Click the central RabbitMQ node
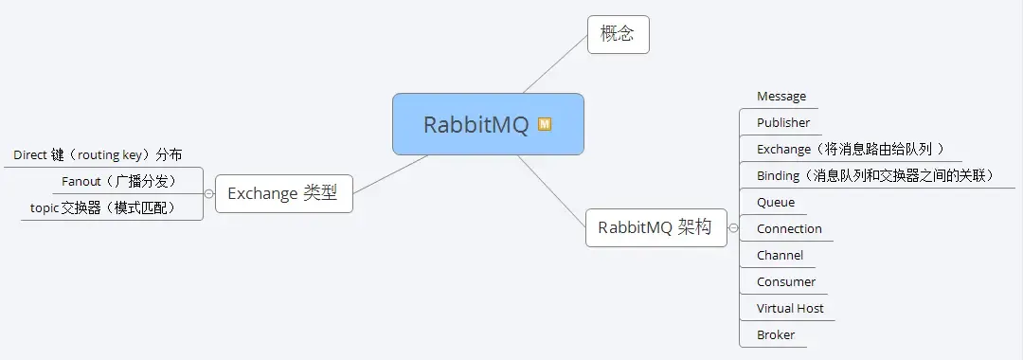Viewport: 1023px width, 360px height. click(476, 124)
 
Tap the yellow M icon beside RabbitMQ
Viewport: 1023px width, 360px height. click(545, 124)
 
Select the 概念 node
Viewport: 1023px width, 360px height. click(618, 35)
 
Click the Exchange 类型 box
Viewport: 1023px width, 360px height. click(283, 193)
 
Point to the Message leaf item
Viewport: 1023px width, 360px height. click(781, 97)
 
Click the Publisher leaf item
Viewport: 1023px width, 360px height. click(783, 122)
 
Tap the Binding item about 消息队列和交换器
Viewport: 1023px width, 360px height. click(873, 175)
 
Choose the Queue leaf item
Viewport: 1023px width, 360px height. click(776, 202)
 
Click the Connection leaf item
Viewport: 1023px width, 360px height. click(789, 228)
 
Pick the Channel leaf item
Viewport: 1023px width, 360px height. click(780, 255)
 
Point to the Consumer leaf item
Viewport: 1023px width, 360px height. click(786, 281)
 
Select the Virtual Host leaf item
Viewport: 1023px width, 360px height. click(790, 308)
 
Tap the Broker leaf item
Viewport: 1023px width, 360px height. click(776, 334)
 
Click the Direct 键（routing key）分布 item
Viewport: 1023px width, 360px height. click(98, 154)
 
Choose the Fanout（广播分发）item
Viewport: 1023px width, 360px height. click(118, 181)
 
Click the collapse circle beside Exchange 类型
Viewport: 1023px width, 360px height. click(208, 193)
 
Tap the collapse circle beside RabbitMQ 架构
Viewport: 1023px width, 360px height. click(733, 228)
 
